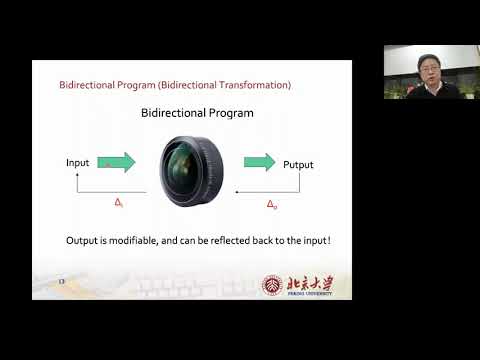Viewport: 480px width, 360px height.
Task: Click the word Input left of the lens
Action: click(77, 162)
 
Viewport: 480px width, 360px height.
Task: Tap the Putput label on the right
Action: click(298, 164)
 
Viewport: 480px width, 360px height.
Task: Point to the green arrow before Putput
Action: click(259, 162)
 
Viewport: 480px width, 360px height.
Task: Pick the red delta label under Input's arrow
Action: click(118, 204)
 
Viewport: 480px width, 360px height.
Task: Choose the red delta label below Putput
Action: click(271, 205)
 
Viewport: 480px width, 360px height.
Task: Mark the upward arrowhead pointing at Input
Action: click(78, 177)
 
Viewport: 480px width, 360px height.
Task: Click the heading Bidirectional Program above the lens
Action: click(196, 113)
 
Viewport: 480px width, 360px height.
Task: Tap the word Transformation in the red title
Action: click(250, 85)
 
